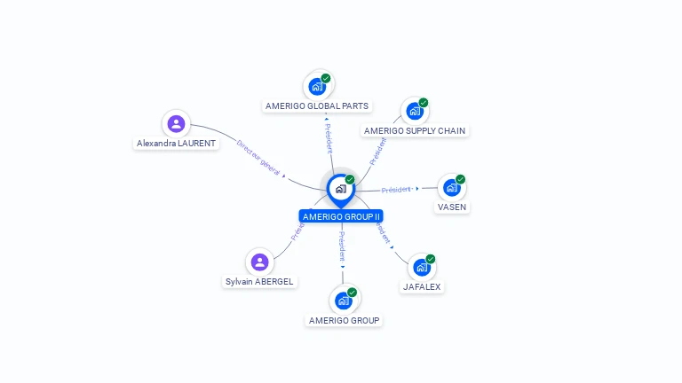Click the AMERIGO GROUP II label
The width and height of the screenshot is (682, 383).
(x=341, y=216)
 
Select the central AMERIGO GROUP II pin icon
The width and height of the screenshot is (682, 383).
(x=340, y=189)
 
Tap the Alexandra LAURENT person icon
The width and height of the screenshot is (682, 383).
(x=176, y=123)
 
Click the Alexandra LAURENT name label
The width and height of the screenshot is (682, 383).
(x=176, y=143)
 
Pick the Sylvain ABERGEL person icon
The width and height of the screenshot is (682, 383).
(x=259, y=262)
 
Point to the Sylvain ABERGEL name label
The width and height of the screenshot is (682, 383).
(x=259, y=281)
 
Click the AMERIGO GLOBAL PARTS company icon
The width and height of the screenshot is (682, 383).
(x=316, y=87)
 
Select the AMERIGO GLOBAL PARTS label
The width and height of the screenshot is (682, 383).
(x=317, y=106)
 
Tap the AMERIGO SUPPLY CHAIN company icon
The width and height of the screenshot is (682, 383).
(x=414, y=111)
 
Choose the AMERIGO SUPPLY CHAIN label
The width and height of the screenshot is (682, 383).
(x=415, y=130)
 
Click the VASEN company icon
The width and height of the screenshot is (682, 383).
(x=451, y=187)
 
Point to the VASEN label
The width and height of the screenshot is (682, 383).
(x=451, y=207)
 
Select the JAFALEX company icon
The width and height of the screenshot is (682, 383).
(x=422, y=267)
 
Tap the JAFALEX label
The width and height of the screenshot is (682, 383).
(x=422, y=286)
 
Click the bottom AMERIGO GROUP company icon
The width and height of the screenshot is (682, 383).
(x=344, y=300)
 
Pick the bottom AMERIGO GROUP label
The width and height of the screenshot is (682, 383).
(x=344, y=320)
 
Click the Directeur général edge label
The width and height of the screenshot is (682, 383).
(x=258, y=157)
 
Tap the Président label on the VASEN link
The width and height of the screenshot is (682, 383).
(x=396, y=189)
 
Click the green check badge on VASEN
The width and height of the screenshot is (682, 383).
(x=460, y=179)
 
